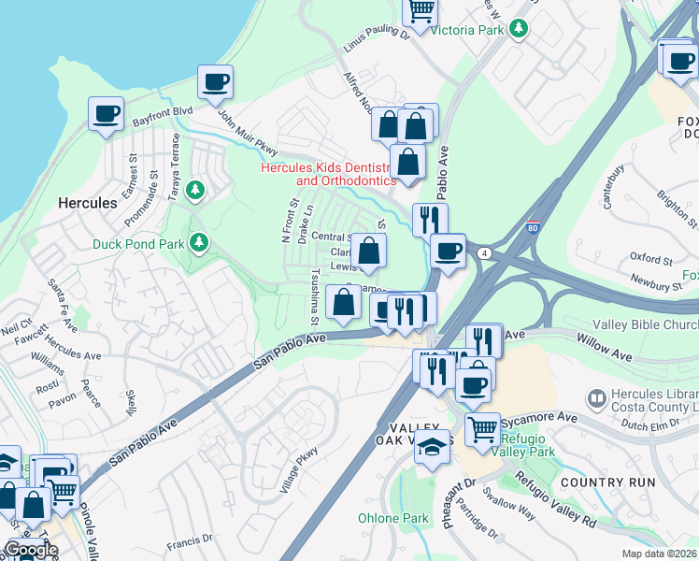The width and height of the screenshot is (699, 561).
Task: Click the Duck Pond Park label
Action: click(138, 245)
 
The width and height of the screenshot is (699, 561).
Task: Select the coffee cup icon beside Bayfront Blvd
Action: click(106, 114)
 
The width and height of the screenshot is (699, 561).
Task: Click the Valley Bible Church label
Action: click(645, 324)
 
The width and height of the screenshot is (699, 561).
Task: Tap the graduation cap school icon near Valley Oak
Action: click(431, 449)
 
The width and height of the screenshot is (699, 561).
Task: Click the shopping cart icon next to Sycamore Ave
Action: click(482, 429)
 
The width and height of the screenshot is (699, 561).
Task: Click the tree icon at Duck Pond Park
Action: click(197, 243)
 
